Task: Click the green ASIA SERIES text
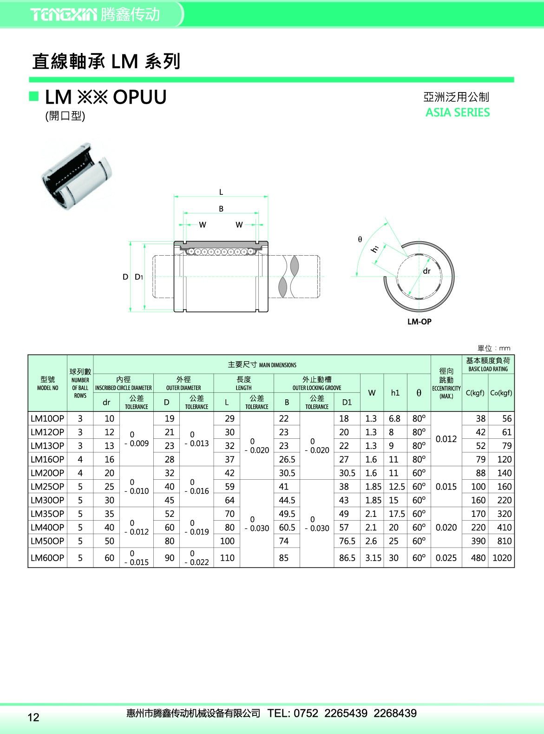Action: (457, 112)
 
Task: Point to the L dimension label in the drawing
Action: (221, 192)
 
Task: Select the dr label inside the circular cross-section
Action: (426, 271)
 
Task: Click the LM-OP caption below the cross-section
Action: (419, 321)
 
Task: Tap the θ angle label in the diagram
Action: (360, 239)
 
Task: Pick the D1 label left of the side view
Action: (138, 277)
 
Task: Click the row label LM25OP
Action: (47, 486)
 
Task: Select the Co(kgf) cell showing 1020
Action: (502, 558)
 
